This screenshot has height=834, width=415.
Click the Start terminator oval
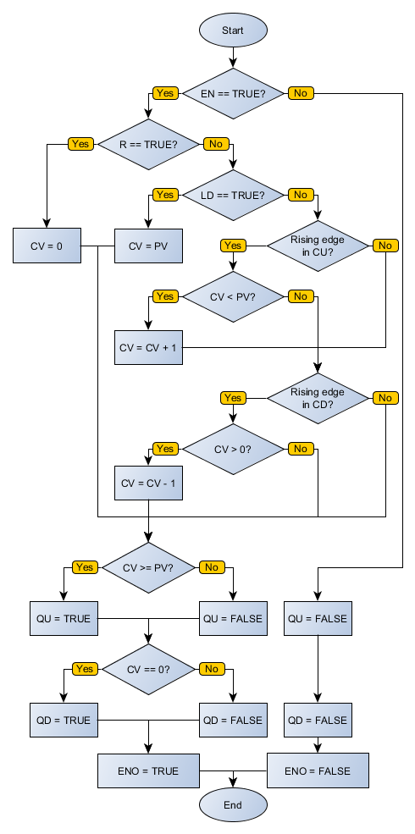tap(233, 30)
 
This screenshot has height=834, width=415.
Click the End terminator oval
tap(233, 804)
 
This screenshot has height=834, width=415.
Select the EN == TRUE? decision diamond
tap(233, 93)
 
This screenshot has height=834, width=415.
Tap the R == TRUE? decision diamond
tap(148, 144)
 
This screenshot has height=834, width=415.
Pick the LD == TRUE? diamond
tap(233, 195)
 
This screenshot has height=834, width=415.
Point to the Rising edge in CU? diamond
tap(318, 246)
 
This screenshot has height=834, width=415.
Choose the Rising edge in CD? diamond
tap(318, 398)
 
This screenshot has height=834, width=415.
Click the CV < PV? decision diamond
tap(233, 296)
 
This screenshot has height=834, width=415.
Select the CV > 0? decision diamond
tap(233, 449)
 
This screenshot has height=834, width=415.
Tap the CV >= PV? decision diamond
tap(148, 567)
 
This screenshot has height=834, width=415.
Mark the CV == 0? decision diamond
tap(148, 669)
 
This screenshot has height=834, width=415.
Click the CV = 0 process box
tap(47, 246)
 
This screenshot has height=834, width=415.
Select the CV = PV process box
tap(148, 246)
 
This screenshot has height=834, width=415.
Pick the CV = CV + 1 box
tap(148, 348)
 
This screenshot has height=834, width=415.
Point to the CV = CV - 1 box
tap(148, 483)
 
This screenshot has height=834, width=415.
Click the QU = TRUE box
tap(64, 619)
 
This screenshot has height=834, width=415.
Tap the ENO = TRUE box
tap(149, 771)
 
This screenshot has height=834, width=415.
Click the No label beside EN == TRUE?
tap(300, 93)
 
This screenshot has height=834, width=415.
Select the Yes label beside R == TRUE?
tap(80, 144)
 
